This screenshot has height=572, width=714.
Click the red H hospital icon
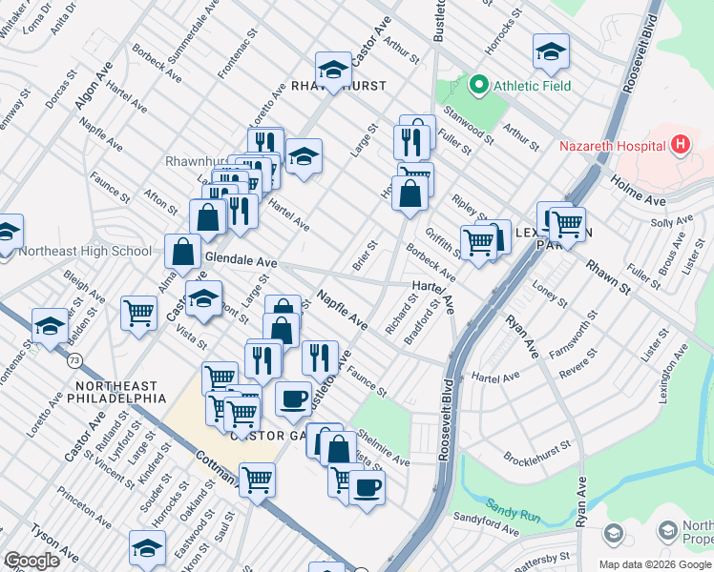680,146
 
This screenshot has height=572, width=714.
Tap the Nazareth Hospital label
611,146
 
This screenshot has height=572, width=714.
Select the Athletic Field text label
532,86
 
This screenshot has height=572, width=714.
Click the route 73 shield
73,361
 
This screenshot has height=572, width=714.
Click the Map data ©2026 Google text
655,564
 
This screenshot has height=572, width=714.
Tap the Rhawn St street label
608,276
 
